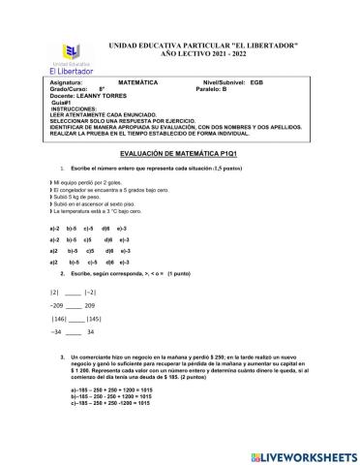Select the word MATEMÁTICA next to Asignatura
(x=137, y=83)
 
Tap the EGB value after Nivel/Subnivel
(x=256, y=83)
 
